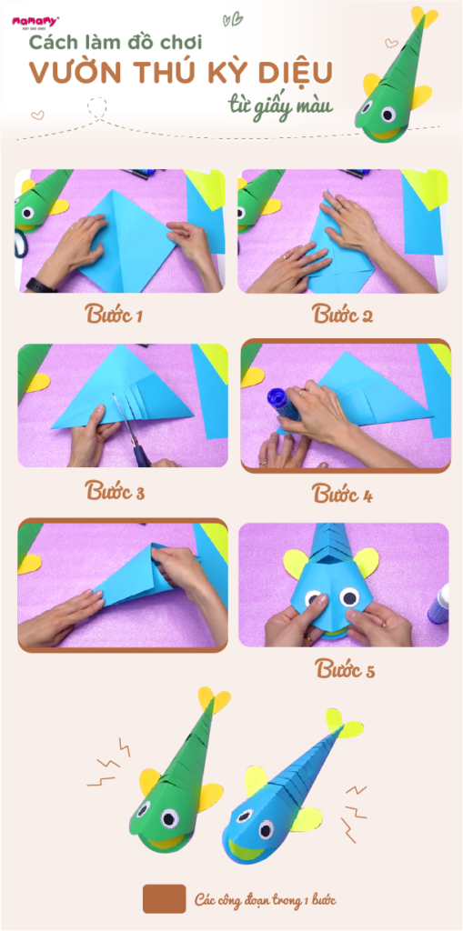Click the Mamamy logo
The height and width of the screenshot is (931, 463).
[x=35, y=23]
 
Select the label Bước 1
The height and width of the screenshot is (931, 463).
[x=113, y=314]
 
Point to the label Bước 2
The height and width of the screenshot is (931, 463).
[x=342, y=314]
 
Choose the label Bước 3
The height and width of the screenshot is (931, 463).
[x=115, y=491]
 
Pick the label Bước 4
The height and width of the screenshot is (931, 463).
[x=342, y=494]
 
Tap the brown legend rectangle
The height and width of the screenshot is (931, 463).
[x=164, y=899]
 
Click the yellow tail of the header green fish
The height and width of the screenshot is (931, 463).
[x=426, y=16]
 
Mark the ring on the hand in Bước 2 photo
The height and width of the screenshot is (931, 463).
[x=338, y=209]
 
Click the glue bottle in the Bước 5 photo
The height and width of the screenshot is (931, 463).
[x=438, y=604]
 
